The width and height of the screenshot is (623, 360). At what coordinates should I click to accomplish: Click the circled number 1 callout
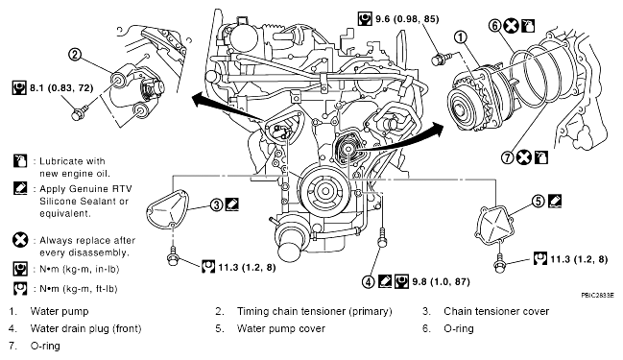coord(461,37)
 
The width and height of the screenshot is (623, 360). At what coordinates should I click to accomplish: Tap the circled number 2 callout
coord(75,55)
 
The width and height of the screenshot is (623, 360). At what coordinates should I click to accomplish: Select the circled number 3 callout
coord(217,205)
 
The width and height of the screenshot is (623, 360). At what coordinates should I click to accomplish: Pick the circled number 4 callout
coord(369,281)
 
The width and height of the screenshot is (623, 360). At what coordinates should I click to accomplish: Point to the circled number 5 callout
coord(539,201)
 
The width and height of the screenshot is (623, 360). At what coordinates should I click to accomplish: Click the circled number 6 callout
coord(495,26)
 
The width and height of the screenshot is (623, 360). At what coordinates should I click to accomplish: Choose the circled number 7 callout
coord(508,157)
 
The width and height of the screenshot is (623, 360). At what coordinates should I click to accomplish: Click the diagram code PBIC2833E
coord(597,296)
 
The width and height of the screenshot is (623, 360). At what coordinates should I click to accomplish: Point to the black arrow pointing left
coord(227,107)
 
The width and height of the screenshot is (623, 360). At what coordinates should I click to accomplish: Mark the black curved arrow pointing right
coord(401,143)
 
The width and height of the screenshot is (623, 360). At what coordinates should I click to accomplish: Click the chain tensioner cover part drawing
coord(169,210)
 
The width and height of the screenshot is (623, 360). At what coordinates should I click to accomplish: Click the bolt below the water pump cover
coord(499,263)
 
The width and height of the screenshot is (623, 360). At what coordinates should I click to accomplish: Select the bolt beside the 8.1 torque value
coord(80,112)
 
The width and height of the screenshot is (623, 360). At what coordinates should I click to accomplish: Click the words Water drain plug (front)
coord(85,328)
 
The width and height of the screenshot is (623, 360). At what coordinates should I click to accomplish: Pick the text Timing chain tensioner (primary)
coord(315,311)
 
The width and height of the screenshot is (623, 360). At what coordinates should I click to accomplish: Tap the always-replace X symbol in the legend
coord(20,240)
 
